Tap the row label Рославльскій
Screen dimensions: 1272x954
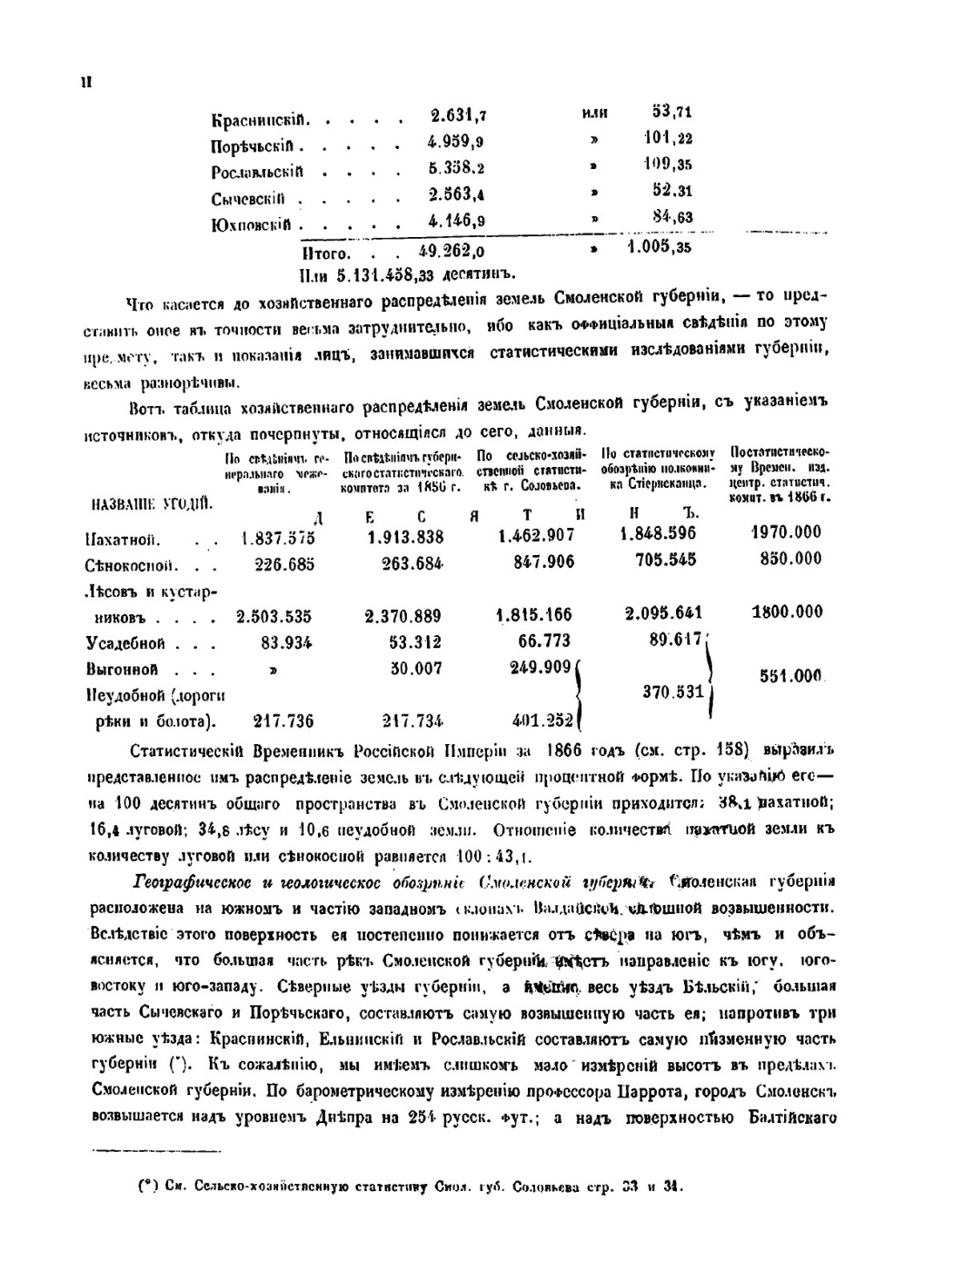257,172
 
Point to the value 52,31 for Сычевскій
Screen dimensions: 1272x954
672,191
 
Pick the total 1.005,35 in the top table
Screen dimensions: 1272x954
659,247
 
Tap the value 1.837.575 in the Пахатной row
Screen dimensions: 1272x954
278,538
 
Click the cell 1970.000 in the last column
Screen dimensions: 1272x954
786,532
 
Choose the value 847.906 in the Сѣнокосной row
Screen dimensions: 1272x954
543,562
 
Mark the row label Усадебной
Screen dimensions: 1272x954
125,643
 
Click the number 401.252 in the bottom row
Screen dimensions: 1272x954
542,720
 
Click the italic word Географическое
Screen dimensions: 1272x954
188,882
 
